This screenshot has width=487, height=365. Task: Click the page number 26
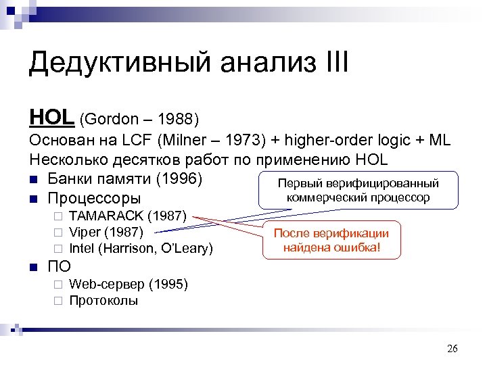[453, 349]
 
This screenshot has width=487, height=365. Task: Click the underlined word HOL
[51, 118]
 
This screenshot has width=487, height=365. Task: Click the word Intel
[82, 248]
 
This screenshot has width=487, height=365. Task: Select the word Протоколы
[103, 300]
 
